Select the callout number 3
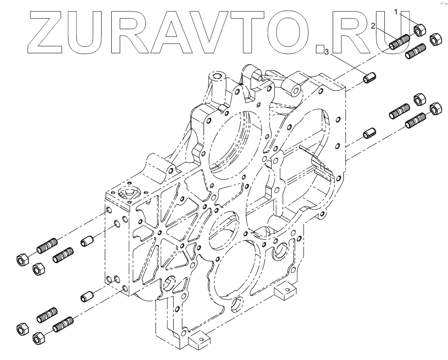pos(327,53)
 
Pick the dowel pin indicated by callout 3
pos(368,78)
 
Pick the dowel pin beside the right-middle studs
pos(368,132)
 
